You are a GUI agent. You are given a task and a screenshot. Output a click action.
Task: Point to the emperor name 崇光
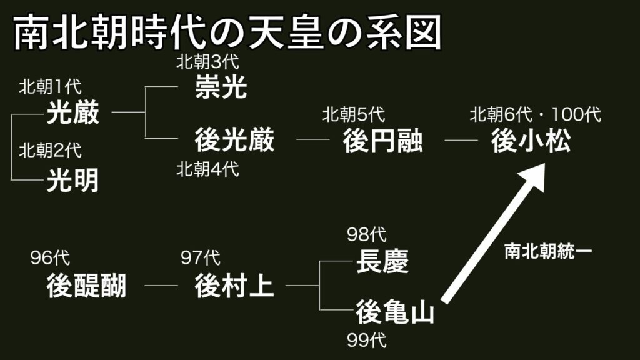[221, 87]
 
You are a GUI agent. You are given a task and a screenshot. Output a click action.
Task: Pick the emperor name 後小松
[531, 141]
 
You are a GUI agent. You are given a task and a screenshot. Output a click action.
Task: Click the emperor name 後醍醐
[86, 286]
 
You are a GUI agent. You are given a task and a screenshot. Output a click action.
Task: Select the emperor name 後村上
[234, 286]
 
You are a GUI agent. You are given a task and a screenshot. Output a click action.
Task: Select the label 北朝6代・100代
[536, 115]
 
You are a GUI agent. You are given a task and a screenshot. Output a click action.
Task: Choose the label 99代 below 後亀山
[367, 341]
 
